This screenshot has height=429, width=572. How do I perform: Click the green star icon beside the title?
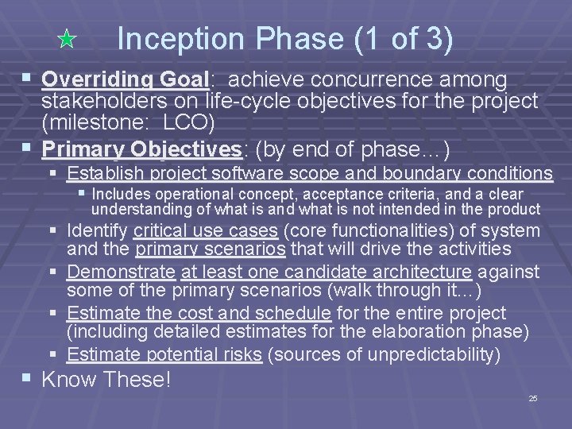tap(68, 39)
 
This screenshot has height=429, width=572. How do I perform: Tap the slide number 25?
tap(533, 398)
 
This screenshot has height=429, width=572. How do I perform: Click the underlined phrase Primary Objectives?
tap(141, 149)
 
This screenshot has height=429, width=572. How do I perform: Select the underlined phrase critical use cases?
tap(206, 231)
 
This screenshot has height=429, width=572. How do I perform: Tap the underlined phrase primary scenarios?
tap(211, 249)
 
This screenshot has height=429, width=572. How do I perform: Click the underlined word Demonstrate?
tap(122, 272)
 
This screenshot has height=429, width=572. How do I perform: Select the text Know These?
tap(106, 380)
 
